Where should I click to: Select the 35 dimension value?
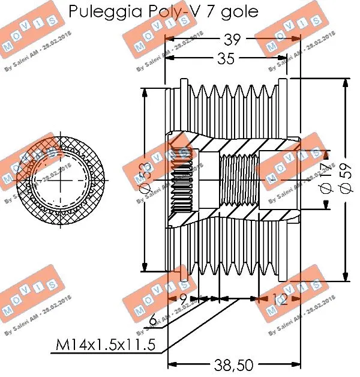tap(226, 58)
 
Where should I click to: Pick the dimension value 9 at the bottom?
tap(183, 298)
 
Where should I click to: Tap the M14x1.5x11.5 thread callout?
tap(106, 345)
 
